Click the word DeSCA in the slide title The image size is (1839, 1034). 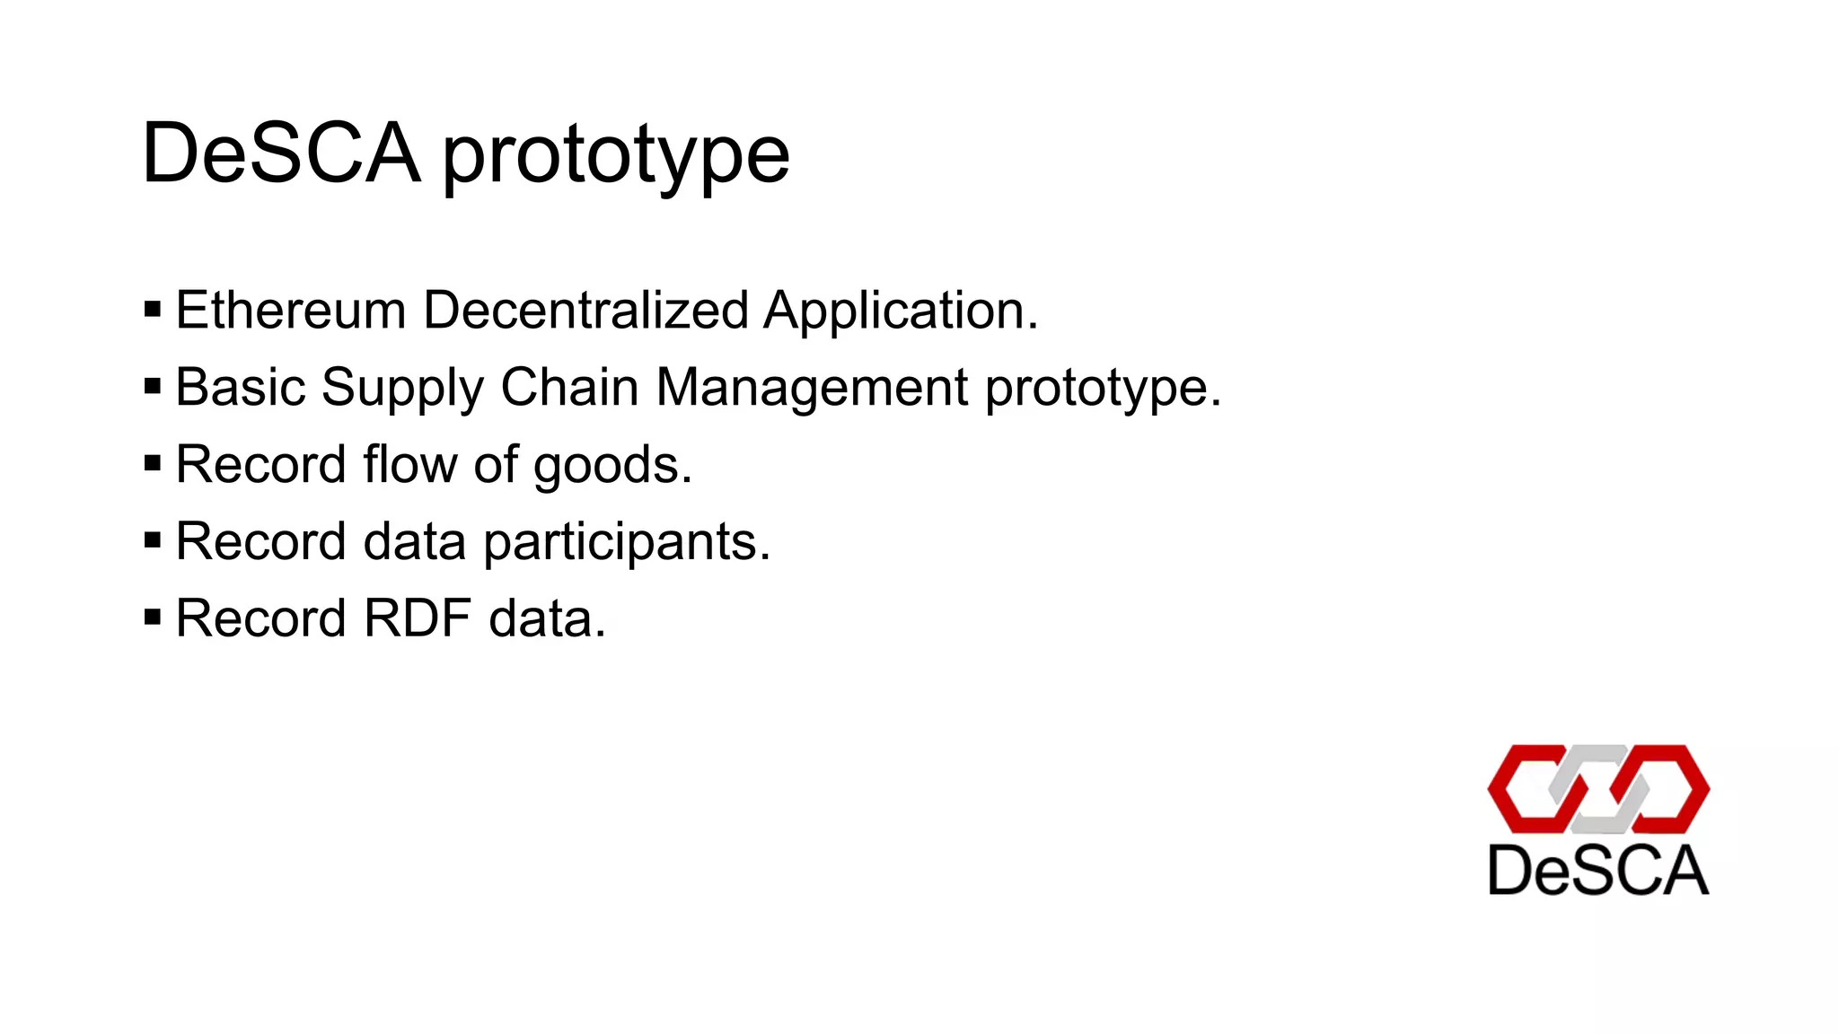click(x=281, y=153)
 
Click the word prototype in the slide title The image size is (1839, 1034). click(x=616, y=157)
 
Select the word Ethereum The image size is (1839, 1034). click(x=291, y=311)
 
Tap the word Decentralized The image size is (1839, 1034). click(x=585, y=311)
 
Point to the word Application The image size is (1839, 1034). click(x=901, y=312)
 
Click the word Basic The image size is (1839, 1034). click(x=241, y=388)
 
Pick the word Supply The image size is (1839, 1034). click(x=402, y=390)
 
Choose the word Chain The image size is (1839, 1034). click(x=570, y=388)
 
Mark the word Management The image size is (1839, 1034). click(x=813, y=390)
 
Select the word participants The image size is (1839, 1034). click(x=627, y=543)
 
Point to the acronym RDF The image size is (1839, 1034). click(x=417, y=618)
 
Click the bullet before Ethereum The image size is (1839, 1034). click(x=153, y=311)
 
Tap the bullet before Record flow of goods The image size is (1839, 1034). click(x=153, y=464)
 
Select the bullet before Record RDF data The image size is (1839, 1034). click(x=153, y=618)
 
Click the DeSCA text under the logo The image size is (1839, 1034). click(x=1597, y=870)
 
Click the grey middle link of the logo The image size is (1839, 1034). click(x=1599, y=789)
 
